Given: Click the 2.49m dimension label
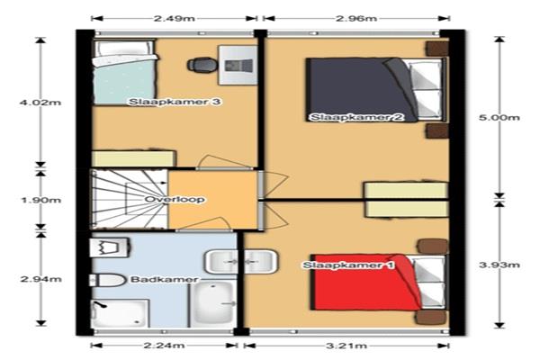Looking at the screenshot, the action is (x=175, y=18).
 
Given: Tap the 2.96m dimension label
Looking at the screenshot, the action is (x=356, y=18).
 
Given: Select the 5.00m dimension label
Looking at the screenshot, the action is (x=499, y=118).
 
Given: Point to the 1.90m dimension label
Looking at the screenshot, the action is (x=41, y=200).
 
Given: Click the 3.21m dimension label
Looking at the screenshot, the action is (x=346, y=346).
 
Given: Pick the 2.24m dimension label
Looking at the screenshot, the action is (x=165, y=346).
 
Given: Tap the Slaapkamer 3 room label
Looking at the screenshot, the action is (x=175, y=102).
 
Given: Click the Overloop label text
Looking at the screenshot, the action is (x=175, y=200).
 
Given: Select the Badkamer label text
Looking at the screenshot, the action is (x=165, y=279).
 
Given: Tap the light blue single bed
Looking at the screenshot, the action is (x=124, y=72).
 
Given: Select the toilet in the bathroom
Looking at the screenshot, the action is (x=107, y=280).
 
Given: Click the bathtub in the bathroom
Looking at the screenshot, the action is (x=212, y=304).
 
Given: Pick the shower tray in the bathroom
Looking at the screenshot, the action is (x=120, y=313).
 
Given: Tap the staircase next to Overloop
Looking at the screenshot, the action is (x=129, y=199).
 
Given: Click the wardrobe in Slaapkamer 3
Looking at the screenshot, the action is (x=133, y=158).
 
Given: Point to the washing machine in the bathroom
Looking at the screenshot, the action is (x=110, y=247).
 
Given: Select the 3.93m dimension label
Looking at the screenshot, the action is (x=499, y=265).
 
